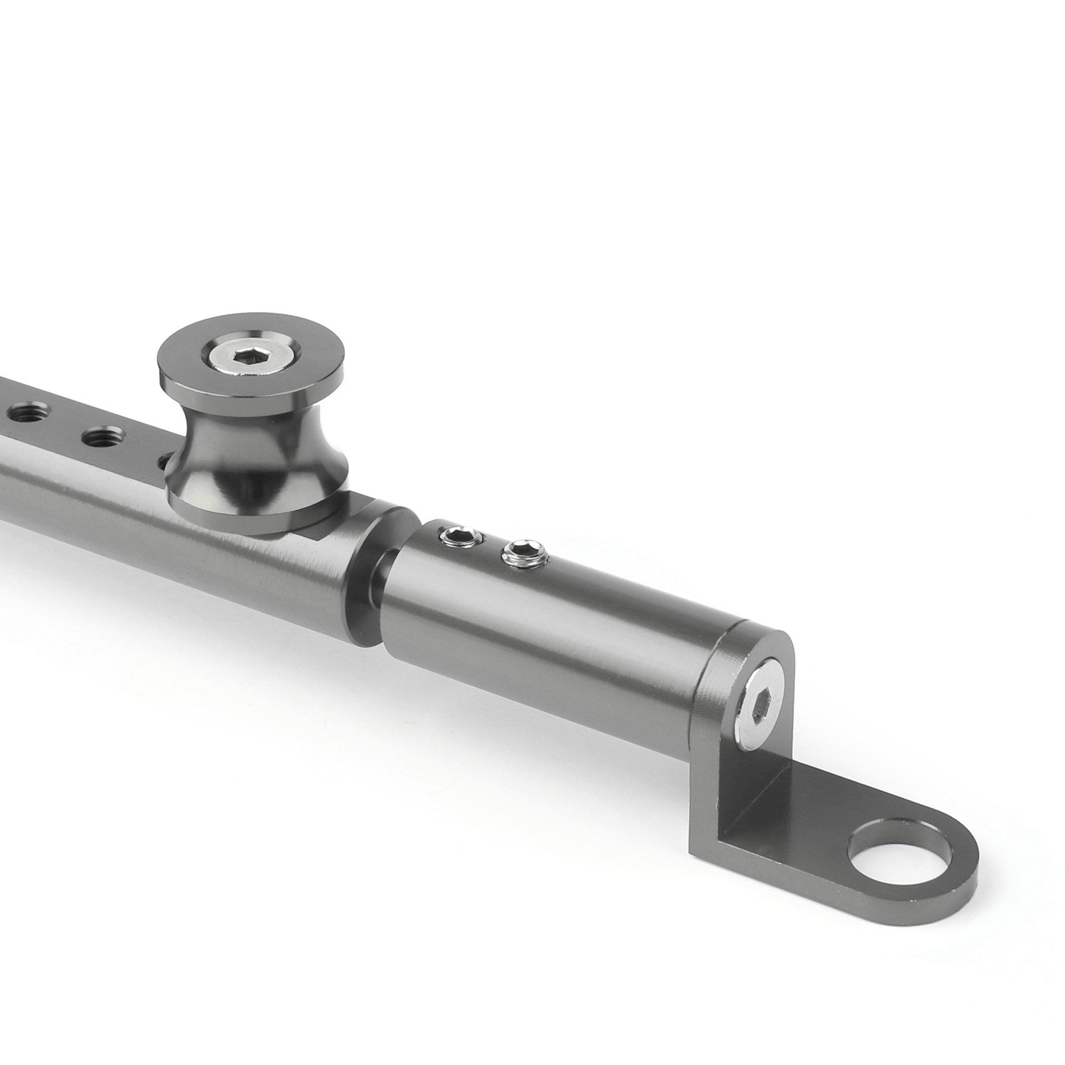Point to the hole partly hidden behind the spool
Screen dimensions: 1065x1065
pyautogui.click(x=164, y=459)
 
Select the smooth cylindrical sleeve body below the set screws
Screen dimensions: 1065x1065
pyautogui.click(x=566, y=619)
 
